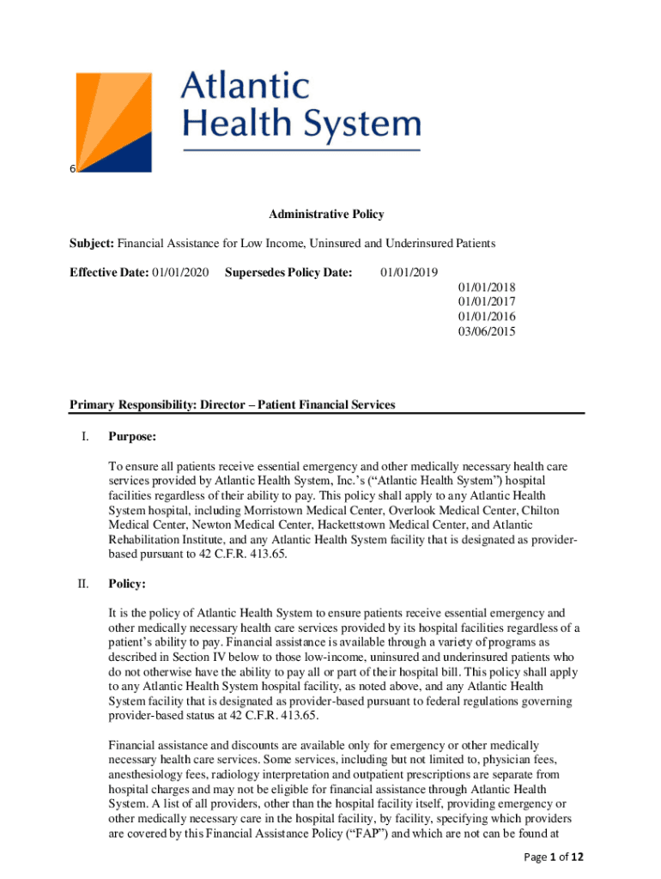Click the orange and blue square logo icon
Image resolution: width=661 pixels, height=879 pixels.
115,123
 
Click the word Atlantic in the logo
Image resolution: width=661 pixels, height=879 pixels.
245,86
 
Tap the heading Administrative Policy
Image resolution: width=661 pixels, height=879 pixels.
326,215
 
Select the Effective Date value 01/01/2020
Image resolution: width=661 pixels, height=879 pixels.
180,273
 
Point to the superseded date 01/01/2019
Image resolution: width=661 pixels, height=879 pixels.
409,273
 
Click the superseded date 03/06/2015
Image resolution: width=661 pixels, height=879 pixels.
487,331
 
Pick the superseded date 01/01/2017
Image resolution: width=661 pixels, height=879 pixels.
487,302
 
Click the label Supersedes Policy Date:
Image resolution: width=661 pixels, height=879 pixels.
288,273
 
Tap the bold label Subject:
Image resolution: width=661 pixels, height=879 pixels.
92,244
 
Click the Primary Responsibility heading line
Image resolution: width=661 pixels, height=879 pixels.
232,404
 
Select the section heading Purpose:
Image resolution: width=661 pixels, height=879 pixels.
131,437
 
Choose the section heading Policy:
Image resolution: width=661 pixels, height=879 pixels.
127,584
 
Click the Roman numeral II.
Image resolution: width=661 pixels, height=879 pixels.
83,584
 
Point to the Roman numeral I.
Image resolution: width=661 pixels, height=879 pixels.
84,437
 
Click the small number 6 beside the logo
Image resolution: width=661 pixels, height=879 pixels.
73,168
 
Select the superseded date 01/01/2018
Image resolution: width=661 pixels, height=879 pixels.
487,288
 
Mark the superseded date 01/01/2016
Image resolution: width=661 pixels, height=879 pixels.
487,317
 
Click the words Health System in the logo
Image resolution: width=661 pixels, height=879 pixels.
300,125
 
